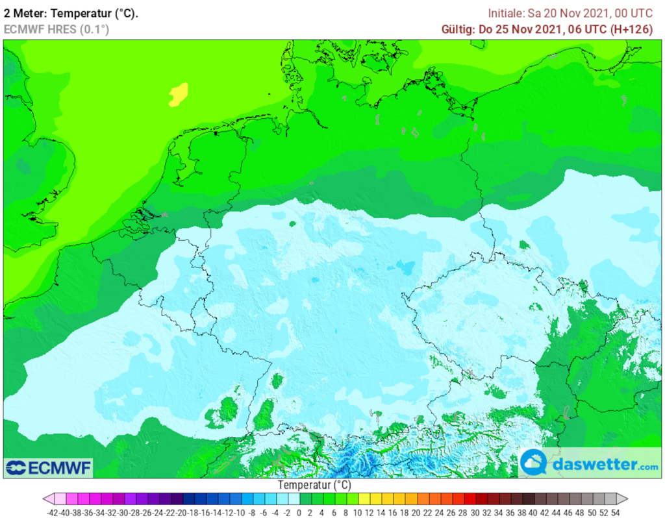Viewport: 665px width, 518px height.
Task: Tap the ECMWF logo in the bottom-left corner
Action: point(49,467)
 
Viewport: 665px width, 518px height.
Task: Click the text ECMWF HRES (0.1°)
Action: point(56,29)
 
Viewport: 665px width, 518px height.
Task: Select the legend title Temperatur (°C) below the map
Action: point(314,485)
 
